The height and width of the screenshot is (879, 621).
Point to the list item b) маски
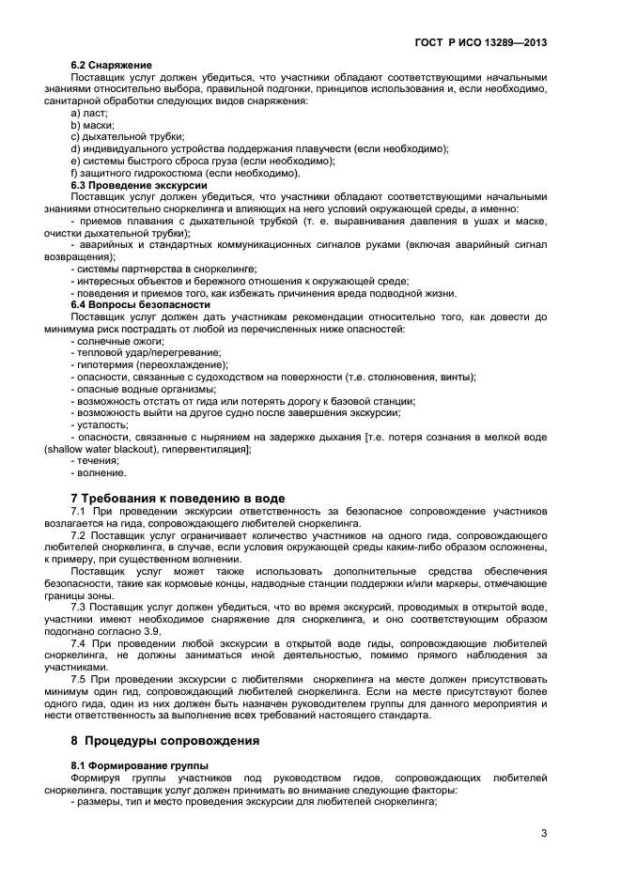point(92,125)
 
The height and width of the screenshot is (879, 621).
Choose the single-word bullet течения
point(98,461)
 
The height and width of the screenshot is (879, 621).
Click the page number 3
point(544,834)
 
